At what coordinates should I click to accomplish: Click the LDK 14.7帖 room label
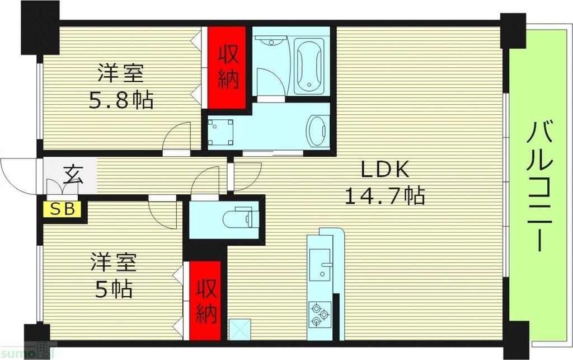(x=384, y=183)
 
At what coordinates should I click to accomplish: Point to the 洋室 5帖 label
(x=114, y=276)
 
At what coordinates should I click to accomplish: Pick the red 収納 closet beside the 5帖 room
(x=205, y=301)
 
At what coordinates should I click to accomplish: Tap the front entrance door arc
(x=17, y=174)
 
